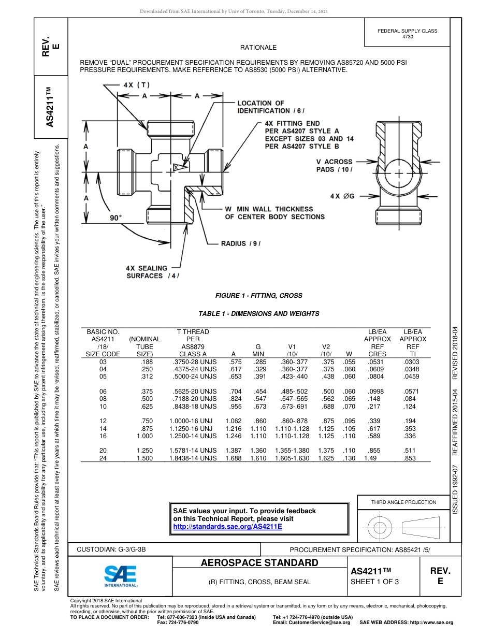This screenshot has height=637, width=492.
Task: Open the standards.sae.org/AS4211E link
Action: click(227, 526)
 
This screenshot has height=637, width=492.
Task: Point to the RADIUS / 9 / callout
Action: click(241, 243)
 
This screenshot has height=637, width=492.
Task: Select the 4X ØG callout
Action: click(342, 196)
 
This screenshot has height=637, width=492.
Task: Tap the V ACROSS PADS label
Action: click(334, 165)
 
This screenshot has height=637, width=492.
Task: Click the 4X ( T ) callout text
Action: click(137, 84)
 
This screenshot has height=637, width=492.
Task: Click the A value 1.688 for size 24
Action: click(233, 444)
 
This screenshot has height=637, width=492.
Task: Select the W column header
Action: click(349, 354)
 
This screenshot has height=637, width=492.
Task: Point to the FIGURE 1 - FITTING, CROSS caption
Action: click(258, 296)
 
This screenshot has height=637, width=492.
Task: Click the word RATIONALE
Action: click(258, 48)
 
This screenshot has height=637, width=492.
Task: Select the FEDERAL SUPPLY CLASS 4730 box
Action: click(408, 34)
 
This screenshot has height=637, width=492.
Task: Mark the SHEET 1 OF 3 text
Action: click(375, 582)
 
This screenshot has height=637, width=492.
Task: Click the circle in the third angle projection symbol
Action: click(380, 527)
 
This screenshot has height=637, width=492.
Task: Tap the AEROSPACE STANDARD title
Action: click(259, 563)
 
